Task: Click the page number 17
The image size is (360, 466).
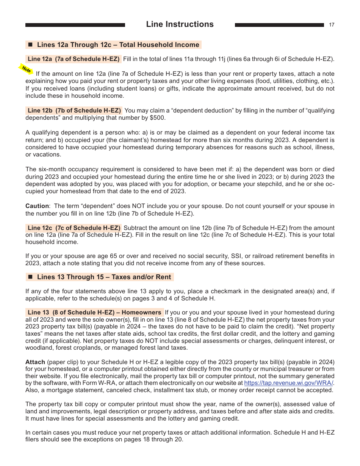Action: coord(332,25)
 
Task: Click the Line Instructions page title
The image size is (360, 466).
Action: coord(180,24)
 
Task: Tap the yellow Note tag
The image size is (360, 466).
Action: coord(26,69)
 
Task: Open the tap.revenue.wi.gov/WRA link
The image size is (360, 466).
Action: coord(288,383)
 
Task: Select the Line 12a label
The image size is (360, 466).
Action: coord(74,59)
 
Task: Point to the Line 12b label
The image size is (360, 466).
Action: coord(74,111)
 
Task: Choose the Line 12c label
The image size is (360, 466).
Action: coord(74,228)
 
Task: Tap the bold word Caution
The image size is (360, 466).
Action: coord(37,206)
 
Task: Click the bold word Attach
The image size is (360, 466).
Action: coord(35,362)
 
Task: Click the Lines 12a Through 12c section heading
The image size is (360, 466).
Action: coord(118,45)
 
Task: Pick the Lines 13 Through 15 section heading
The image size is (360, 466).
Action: coord(104,277)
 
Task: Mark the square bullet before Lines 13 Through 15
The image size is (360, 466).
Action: coord(31,277)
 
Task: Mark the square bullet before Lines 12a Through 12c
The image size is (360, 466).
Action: coord(31,45)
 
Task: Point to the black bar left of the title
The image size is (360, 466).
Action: coord(75,25)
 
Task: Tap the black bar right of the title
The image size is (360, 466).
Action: coord(279,25)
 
